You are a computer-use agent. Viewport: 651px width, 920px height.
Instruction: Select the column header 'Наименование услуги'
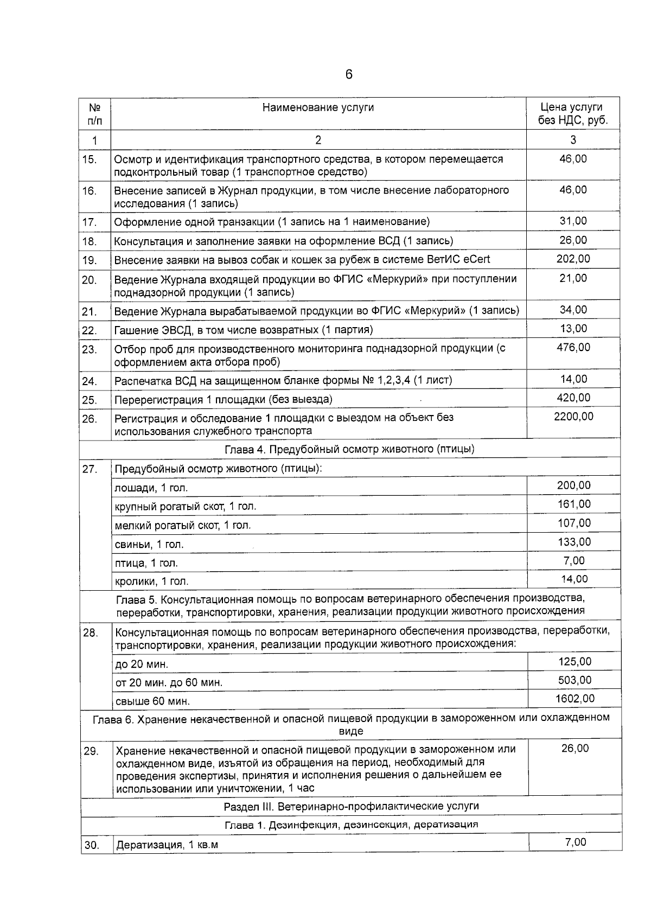coord(318,107)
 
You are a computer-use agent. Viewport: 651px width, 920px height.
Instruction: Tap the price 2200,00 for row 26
coord(573,417)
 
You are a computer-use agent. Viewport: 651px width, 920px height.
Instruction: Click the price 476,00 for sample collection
coord(573,347)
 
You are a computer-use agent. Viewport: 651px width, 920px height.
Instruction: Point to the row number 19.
coord(90,261)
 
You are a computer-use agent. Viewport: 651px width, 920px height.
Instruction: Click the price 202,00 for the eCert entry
coord(573,259)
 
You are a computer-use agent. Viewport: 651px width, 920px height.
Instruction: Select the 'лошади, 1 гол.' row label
coord(151,488)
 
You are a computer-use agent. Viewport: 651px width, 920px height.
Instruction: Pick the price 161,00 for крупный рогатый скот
coord(574,504)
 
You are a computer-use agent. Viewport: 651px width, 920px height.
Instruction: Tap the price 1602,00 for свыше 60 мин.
coord(575,699)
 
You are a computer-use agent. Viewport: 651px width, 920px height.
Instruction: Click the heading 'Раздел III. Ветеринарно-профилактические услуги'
coord(351,806)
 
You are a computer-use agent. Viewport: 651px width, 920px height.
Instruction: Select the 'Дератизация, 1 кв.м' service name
coord(167,845)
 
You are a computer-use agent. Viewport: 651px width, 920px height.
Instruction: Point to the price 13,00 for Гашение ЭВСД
coord(573,328)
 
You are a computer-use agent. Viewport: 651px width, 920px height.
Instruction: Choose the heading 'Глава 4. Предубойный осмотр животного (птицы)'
coord(349,449)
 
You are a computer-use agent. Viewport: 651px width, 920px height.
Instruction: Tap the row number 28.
coord(90,632)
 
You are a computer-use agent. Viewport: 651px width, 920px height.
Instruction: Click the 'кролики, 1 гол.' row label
coord(151,582)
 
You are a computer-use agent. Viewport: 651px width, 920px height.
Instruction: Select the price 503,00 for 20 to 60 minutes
coord(575,680)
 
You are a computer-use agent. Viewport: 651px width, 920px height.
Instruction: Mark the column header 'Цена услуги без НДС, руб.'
coord(573,114)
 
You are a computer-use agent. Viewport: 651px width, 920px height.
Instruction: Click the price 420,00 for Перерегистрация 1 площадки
coord(573,398)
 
